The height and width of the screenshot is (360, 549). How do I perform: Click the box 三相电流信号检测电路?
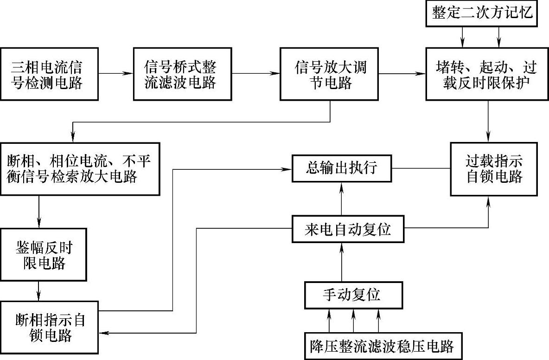click(x=49, y=74)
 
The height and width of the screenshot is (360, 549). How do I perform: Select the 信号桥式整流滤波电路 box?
click(x=182, y=74)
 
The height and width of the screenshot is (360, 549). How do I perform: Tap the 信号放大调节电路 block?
click(x=330, y=74)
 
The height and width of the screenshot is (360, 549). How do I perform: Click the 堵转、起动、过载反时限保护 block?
click(x=487, y=74)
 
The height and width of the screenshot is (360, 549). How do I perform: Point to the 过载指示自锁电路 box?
click(x=494, y=169)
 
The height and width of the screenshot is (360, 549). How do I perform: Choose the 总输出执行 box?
click(x=342, y=168)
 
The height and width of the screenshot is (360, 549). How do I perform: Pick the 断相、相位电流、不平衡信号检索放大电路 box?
click(x=79, y=169)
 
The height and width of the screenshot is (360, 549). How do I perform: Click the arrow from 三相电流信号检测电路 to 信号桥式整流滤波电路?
click(x=115, y=74)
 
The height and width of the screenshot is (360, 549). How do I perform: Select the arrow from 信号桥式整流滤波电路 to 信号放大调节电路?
click(x=255, y=74)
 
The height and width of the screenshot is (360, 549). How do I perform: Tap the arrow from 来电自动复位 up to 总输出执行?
click(x=342, y=199)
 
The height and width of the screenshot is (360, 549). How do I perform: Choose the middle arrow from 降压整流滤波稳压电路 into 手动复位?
click(x=354, y=320)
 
